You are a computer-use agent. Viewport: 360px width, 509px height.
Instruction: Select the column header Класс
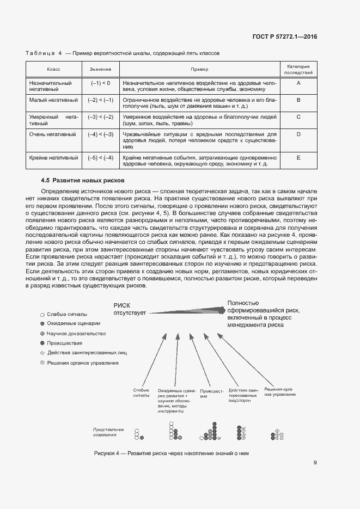(53, 70)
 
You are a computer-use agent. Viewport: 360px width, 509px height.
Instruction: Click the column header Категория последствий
(298, 69)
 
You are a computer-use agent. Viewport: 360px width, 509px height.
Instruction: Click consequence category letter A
(298, 83)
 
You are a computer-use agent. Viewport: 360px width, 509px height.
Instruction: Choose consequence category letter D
(298, 134)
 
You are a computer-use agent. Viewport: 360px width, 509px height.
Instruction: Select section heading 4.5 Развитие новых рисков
(83, 180)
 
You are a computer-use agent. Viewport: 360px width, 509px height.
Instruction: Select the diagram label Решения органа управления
(279, 391)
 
